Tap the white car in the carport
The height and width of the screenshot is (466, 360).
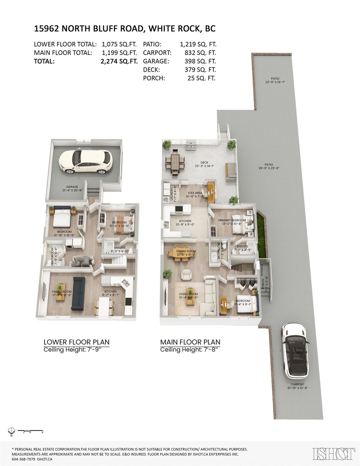pyautogui.click(x=295, y=350)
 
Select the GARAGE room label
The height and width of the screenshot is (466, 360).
pyautogui.click(x=72, y=187)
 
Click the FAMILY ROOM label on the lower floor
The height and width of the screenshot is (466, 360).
pyautogui.click(x=62, y=292)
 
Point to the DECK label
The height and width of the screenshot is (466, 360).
pyautogui.click(x=204, y=163)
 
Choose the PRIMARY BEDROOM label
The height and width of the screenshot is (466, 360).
pyautogui.click(x=232, y=221)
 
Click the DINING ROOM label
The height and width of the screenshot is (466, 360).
pyautogui.click(x=186, y=251)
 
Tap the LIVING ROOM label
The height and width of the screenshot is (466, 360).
pyautogui.click(x=188, y=294)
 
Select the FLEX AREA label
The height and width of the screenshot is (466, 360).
pyautogui.click(x=195, y=193)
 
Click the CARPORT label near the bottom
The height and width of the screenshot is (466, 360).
pyautogui.click(x=297, y=384)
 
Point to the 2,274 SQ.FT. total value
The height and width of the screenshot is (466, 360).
pyautogui.click(x=119, y=61)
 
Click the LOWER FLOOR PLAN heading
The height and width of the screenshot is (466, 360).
pyautogui.click(x=76, y=342)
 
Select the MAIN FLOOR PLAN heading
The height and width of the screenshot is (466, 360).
pyautogui.click(x=190, y=342)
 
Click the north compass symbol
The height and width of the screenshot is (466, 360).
pyautogui.click(x=11, y=430)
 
